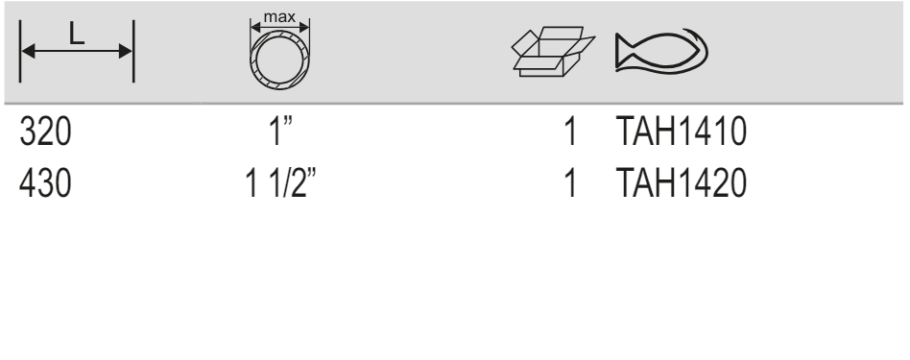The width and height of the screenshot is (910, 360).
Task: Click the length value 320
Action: [x=45, y=132]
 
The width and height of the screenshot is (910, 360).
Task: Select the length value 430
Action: [x=45, y=184]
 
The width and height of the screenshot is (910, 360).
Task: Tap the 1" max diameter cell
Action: [x=281, y=132]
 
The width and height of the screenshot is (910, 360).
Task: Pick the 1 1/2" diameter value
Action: [x=281, y=183]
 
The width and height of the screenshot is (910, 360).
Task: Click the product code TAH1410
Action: [x=681, y=132]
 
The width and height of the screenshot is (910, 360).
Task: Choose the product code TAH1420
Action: [x=681, y=184]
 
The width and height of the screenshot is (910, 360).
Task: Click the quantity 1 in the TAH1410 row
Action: [x=571, y=132]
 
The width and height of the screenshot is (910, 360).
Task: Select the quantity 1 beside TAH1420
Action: [x=571, y=184]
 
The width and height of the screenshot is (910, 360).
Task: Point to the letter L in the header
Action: [x=77, y=35]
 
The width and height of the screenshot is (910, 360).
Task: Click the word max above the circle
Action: [x=279, y=17]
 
